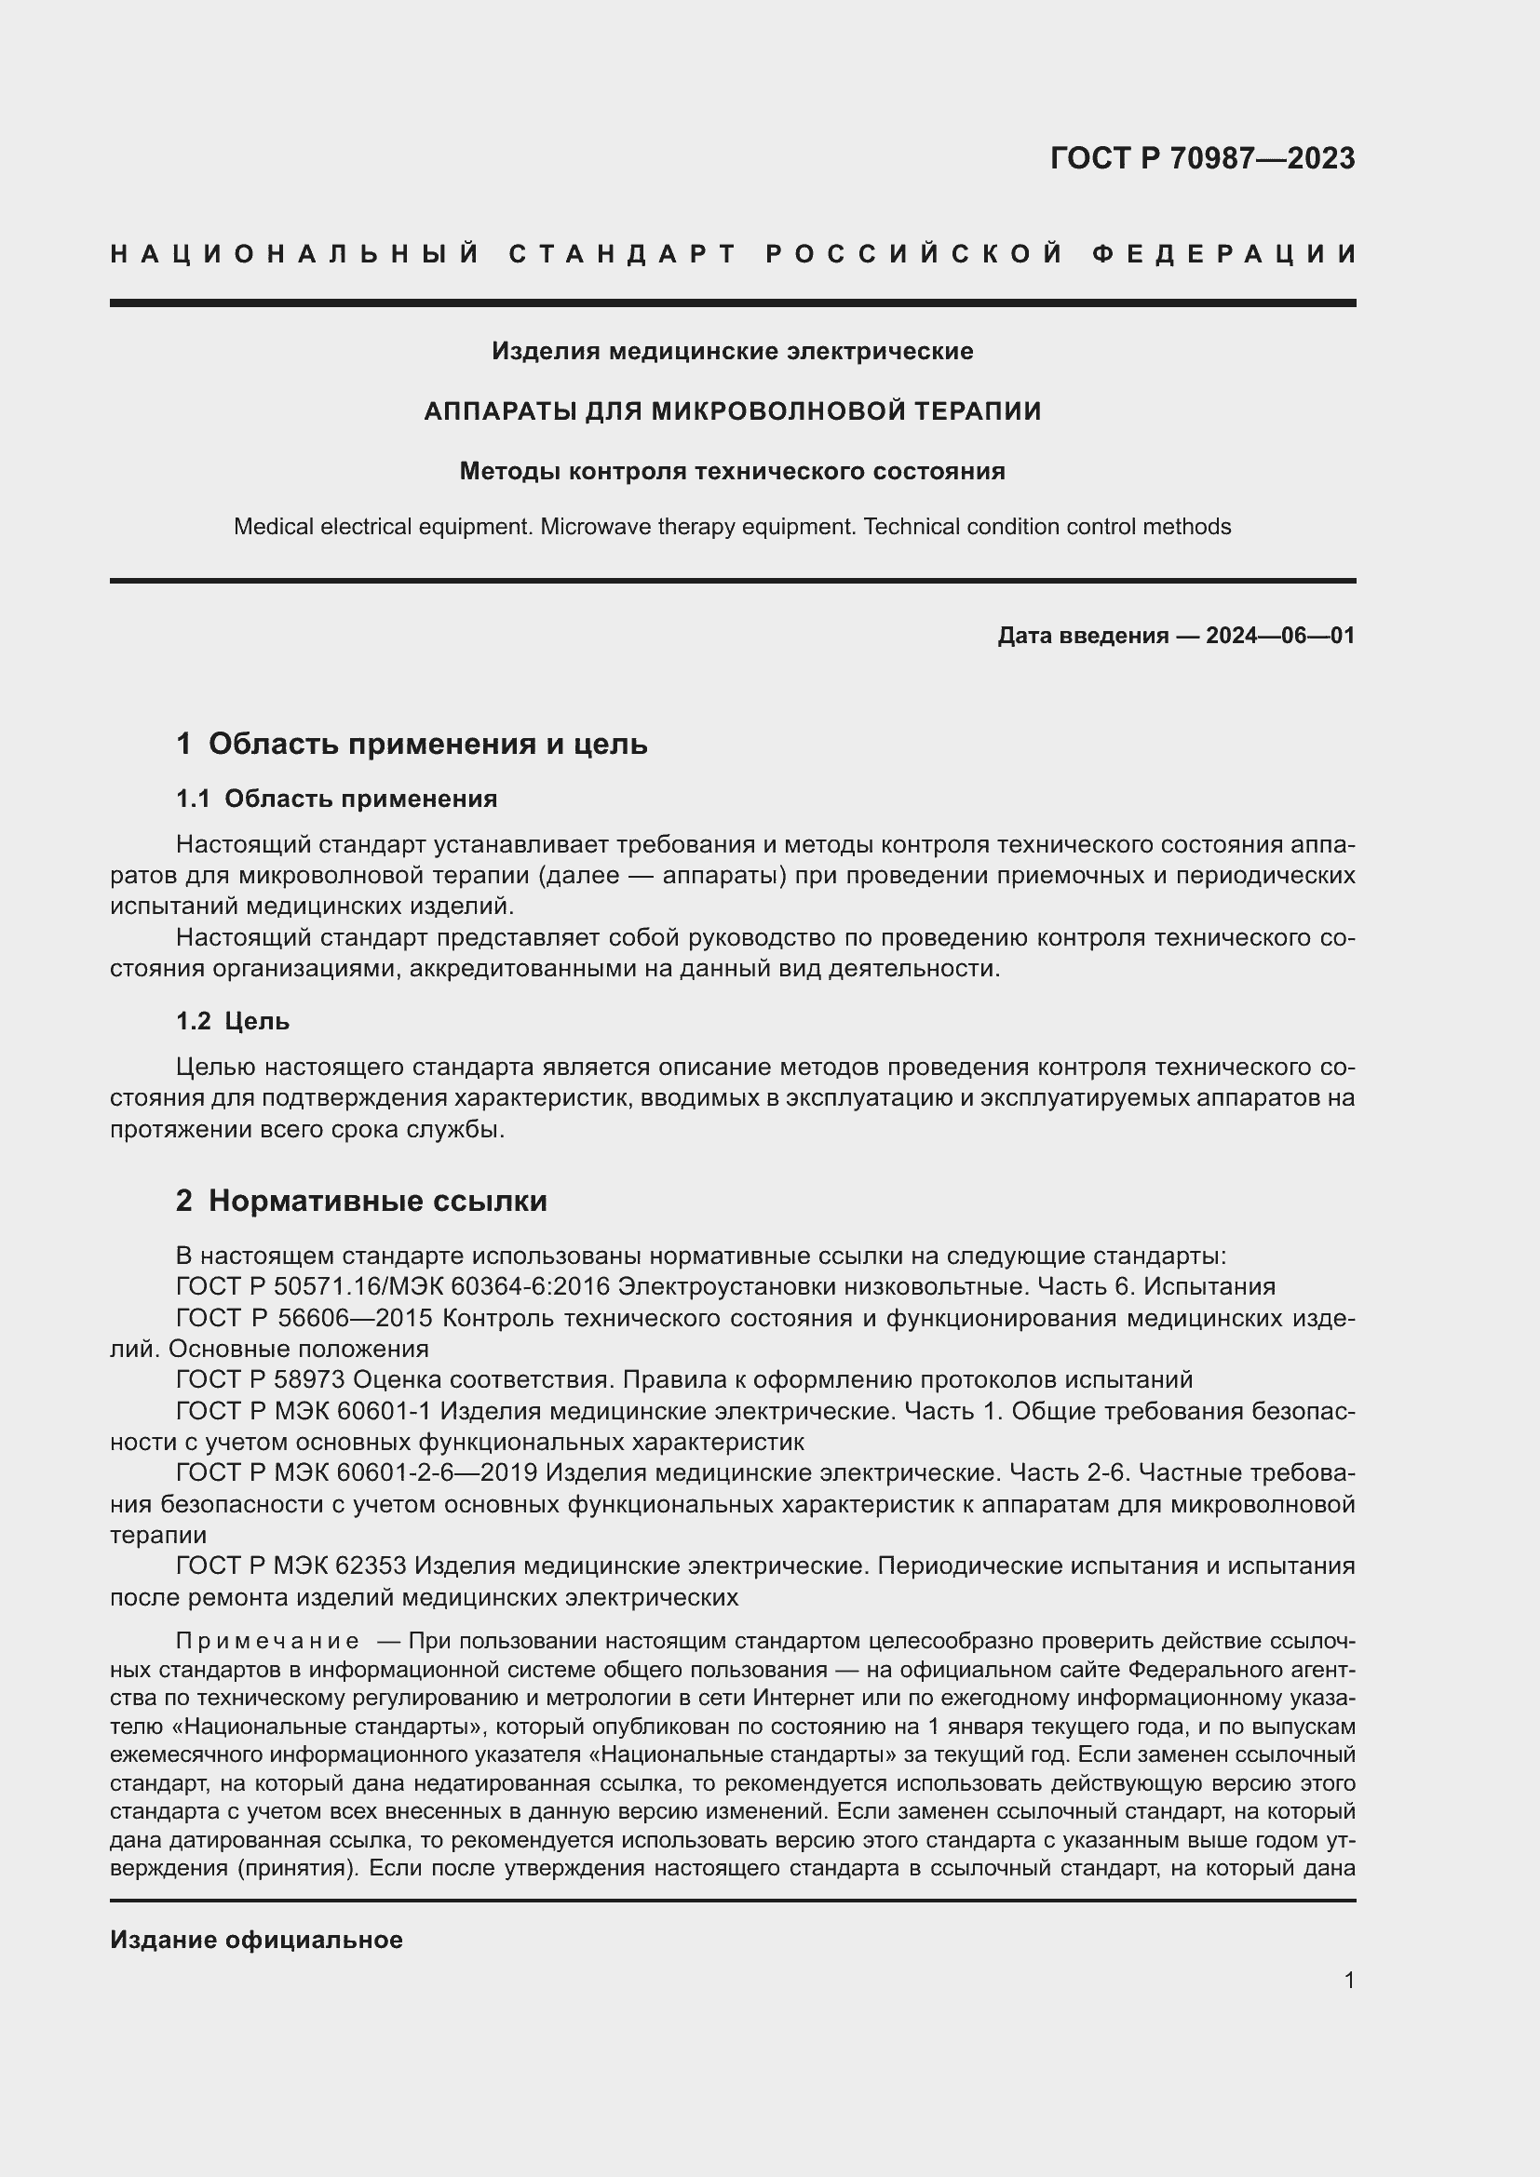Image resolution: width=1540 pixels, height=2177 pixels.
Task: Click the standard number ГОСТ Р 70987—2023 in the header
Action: tap(1201, 158)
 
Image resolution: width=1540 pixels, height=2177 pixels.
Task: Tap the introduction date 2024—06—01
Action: tap(1280, 636)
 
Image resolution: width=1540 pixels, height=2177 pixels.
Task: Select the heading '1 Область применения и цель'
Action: tap(412, 745)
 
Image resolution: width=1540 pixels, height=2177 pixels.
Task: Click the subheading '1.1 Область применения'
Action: tap(337, 799)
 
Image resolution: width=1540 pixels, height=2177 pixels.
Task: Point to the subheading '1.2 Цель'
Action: tap(233, 1021)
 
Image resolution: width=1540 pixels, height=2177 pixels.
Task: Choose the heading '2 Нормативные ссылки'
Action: tap(361, 1202)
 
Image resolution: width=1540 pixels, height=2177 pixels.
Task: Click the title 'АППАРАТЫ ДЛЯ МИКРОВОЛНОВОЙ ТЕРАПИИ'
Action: tap(732, 411)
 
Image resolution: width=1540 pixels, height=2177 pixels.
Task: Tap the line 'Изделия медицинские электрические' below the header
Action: tap(732, 352)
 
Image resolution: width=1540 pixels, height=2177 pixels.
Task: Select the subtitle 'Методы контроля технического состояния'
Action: tap(732, 471)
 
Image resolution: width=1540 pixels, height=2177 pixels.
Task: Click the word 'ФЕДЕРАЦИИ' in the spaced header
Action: tap(1224, 254)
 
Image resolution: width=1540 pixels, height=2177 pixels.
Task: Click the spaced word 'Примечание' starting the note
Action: tap(267, 1641)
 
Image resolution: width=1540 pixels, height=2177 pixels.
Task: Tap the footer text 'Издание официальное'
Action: tap(256, 1940)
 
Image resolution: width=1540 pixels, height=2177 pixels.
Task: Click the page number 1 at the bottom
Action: tap(1349, 1981)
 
